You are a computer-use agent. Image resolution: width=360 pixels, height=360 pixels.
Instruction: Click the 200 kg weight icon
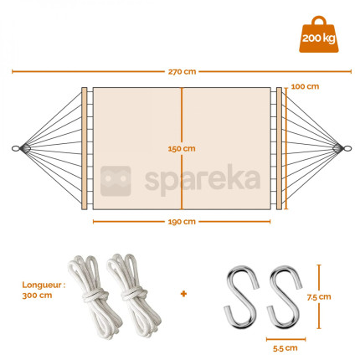pyautogui.click(x=319, y=34)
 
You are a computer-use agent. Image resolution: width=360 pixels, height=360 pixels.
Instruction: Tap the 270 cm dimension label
pyautogui.click(x=182, y=72)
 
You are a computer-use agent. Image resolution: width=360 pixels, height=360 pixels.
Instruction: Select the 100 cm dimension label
pyautogui.click(x=305, y=86)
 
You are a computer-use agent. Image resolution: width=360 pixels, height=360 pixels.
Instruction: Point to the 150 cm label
pyautogui.click(x=182, y=149)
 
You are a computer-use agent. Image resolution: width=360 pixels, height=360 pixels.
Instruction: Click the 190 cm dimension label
pyautogui.click(x=182, y=222)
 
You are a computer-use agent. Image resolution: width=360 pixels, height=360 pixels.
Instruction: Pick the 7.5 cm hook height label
pyautogui.click(x=319, y=297)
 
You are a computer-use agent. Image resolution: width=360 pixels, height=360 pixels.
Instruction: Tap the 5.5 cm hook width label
pyautogui.click(x=285, y=348)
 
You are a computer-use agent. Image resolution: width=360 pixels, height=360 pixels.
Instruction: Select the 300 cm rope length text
pyautogui.click(x=37, y=296)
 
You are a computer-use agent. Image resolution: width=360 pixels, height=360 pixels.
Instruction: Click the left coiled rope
pyautogui.click(x=94, y=295)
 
